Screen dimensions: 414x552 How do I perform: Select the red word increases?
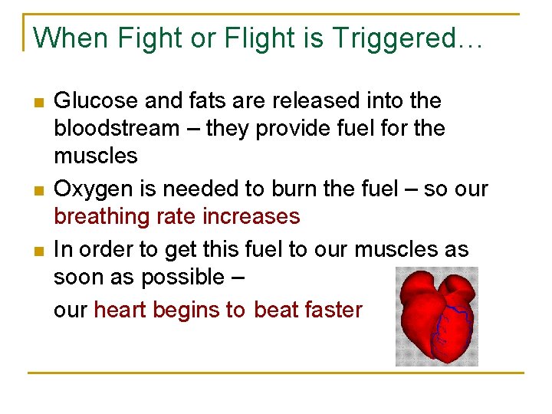click(x=253, y=217)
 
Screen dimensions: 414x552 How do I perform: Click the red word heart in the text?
click(x=121, y=310)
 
